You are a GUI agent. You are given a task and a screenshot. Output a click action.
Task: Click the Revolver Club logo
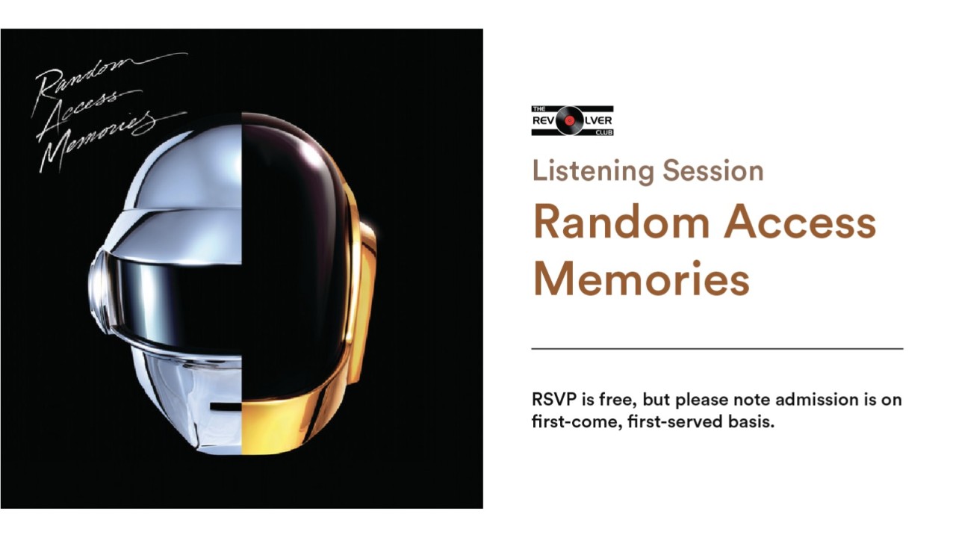coord(572,120)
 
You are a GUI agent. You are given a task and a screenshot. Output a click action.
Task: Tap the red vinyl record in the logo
coord(570,120)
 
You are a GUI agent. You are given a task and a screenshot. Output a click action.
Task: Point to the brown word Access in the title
coord(801,223)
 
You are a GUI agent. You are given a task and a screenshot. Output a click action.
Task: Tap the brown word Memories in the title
coord(642,280)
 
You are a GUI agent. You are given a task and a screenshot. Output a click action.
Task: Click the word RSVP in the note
coord(552,400)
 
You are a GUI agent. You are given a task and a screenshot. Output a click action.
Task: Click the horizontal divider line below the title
coord(717,349)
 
